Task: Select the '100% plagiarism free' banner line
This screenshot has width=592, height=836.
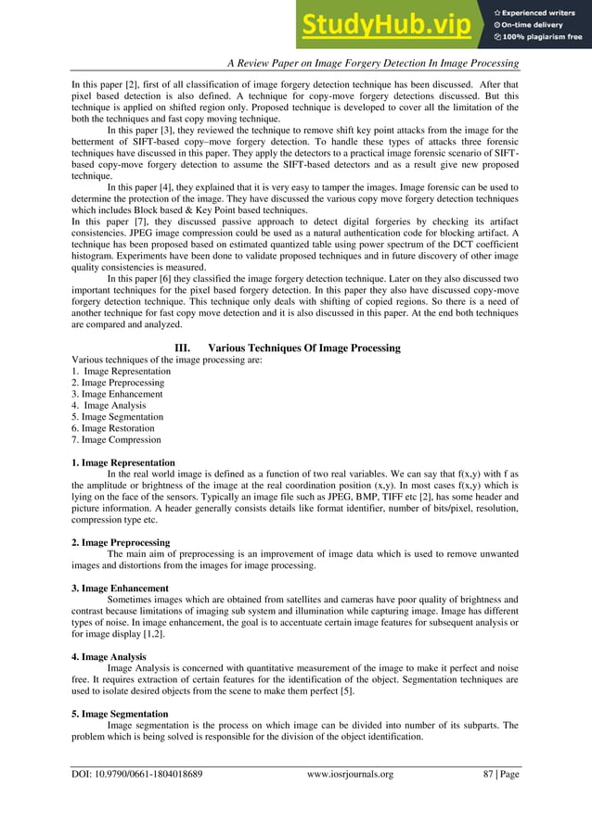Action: coord(542,38)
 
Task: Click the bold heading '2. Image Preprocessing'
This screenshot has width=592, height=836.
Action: coord(121,542)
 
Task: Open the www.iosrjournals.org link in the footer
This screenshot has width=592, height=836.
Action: coord(350,773)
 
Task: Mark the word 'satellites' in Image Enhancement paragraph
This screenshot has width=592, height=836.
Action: coord(282,600)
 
